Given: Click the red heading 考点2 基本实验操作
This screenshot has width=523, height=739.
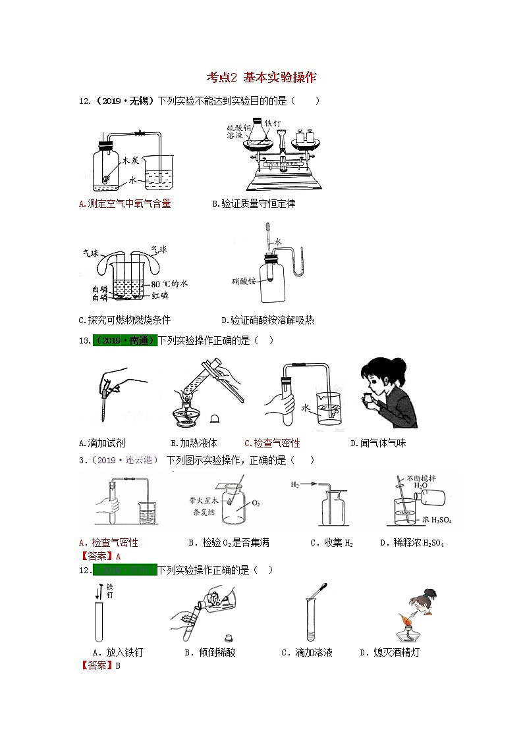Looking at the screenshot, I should pyautogui.click(x=261, y=78).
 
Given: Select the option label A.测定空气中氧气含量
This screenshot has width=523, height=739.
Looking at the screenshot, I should pyautogui.click(x=124, y=203).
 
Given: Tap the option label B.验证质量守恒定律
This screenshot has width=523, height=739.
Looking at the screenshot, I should pyautogui.click(x=254, y=203).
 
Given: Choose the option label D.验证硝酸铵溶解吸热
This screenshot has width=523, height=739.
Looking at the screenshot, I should pyautogui.click(x=268, y=320).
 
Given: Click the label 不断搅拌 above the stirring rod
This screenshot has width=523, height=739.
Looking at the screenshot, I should pyautogui.click(x=422, y=479).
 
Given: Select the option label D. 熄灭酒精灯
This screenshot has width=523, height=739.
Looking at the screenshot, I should pyautogui.click(x=389, y=652).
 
